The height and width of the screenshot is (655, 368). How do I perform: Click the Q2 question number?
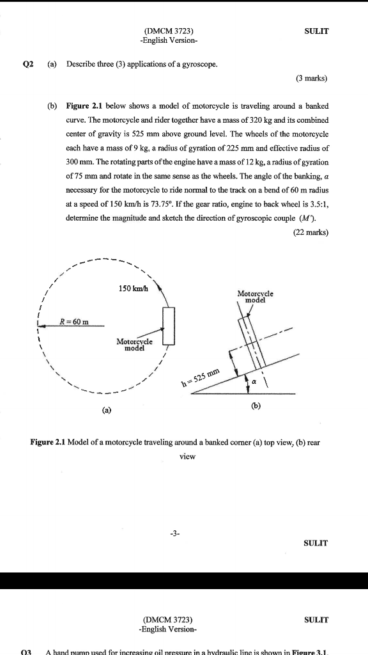27,64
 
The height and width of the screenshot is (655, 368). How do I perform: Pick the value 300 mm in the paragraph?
79,162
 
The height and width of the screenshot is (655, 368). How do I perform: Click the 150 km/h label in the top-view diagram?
133,288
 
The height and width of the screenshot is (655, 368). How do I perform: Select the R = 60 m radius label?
74,321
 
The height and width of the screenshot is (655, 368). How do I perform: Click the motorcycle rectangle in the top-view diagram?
169,326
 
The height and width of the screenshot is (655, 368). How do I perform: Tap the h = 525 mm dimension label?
200,377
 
